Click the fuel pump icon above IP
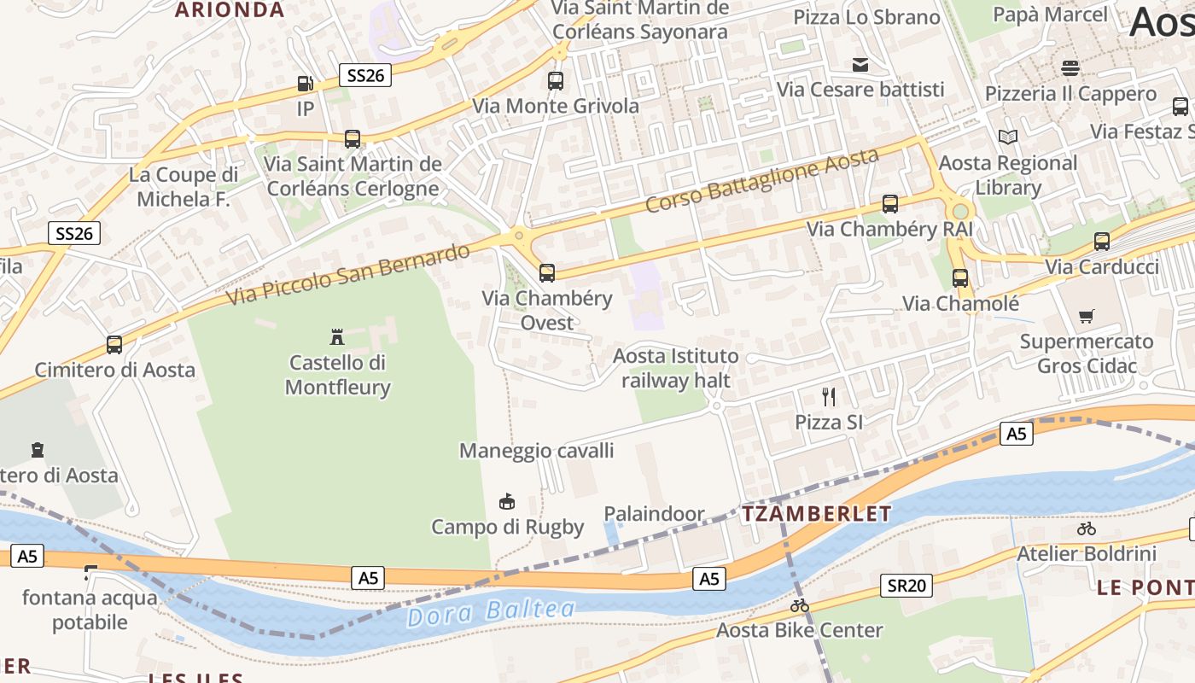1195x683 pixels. [x=306, y=84]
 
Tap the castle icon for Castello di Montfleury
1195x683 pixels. [x=337, y=336]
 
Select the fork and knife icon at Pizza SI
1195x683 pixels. [x=828, y=396]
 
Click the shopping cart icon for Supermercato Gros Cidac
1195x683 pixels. [x=1086, y=317]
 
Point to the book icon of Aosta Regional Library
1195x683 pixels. [x=1008, y=137]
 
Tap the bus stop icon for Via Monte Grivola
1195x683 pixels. [x=556, y=81]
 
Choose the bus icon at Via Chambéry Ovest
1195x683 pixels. [x=547, y=273]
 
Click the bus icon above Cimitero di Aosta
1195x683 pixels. [x=114, y=345]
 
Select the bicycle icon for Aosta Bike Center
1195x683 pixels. [x=800, y=605]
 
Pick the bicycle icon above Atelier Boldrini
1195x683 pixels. [x=1087, y=528]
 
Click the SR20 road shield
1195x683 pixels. [x=906, y=586]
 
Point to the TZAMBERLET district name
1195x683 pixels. [x=816, y=514]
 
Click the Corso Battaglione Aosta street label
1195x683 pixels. [x=761, y=180]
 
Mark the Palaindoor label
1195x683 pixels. [x=655, y=514]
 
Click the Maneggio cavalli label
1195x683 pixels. [x=536, y=451]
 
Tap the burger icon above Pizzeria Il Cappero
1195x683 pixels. [x=1070, y=67]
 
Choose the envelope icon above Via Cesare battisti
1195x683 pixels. [x=860, y=64]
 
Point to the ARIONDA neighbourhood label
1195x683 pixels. [x=230, y=10]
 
